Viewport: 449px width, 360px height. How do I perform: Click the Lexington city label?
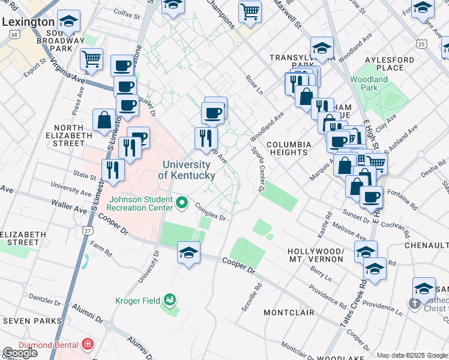(x=28, y=22)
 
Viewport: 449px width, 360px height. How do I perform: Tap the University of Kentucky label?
(x=185, y=170)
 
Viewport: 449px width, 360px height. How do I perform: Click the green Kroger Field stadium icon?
(x=170, y=299)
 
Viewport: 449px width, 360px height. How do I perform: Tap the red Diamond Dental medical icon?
(x=88, y=344)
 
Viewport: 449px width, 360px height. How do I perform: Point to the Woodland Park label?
(x=370, y=83)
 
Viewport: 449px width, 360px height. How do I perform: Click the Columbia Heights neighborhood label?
(x=289, y=148)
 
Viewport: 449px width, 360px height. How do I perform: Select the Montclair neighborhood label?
(x=289, y=313)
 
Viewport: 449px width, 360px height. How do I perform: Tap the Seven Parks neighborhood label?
(x=31, y=321)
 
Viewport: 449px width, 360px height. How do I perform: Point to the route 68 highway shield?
(x=13, y=35)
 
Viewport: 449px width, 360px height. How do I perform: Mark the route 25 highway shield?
(x=421, y=44)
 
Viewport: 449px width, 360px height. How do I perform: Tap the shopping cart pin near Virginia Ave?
(x=91, y=59)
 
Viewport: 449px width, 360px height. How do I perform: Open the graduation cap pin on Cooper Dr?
(x=188, y=253)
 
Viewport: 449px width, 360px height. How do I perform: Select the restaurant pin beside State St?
(x=112, y=169)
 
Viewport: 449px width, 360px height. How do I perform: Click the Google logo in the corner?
(x=20, y=352)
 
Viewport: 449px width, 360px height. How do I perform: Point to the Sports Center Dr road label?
(x=257, y=169)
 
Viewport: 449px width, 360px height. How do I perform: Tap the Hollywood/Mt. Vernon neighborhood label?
(x=316, y=255)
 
